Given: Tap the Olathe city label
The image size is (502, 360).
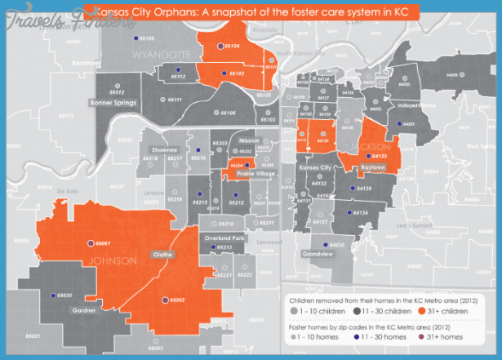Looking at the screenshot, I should [162, 255].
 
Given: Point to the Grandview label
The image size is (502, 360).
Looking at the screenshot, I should [318, 254].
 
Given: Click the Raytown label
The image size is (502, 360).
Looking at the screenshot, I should [372, 166].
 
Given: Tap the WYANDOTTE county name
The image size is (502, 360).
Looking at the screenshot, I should [161, 54].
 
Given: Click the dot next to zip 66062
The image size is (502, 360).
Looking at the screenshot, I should [165, 300].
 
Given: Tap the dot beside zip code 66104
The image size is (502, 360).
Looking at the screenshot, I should [220, 47].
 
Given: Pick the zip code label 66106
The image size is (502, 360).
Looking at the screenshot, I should [226, 113].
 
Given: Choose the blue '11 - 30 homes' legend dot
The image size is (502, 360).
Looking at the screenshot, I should [357, 336].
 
